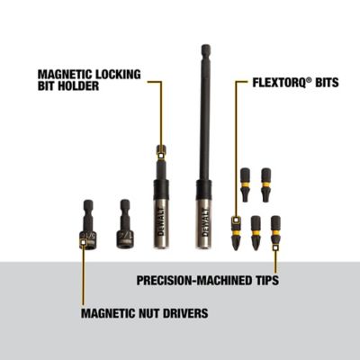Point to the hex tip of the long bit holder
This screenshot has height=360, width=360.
click(205, 52)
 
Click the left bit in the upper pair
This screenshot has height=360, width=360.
click(245, 185)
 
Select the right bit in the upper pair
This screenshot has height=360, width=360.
click(265, 185)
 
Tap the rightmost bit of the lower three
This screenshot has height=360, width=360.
click(275, 233)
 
